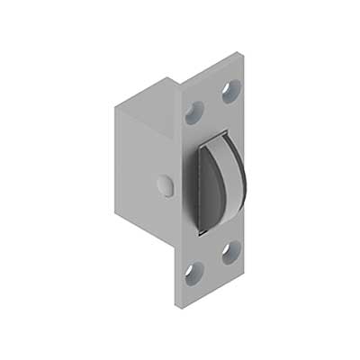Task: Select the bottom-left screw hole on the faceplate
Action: coord(191,270)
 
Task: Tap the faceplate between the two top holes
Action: coord(211,101)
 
